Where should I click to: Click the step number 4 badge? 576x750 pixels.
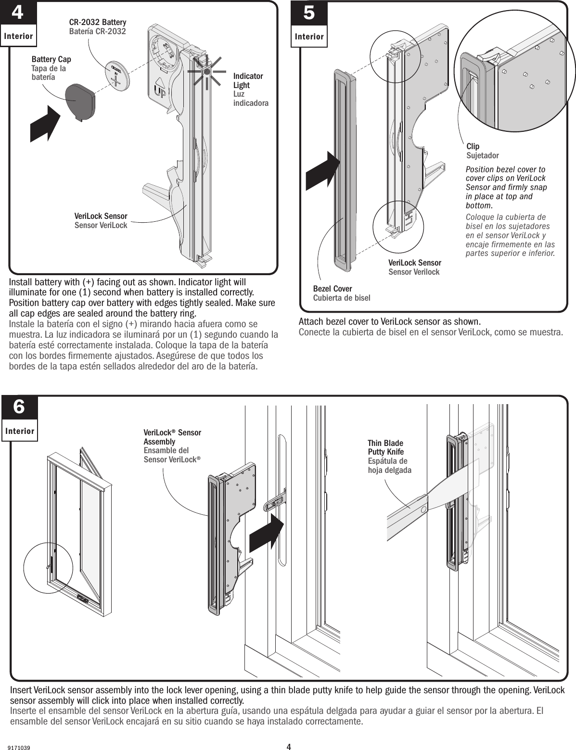pyautogui.click(x=17, y=13)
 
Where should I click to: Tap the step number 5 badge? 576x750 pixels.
pyautogui.click(x=309, y=13)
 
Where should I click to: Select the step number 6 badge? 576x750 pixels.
pyautogui.click(x=19, y=407)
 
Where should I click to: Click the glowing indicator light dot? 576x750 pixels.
pyautogui.click(x=207, y=71)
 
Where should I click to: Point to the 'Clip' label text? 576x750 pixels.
pyautogui.click(x=473, y=146)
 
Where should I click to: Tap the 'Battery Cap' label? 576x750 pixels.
pyautogui.click(x=51, y=59)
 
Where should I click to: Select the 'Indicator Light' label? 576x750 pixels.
pyautogui.click(x=248, y=81)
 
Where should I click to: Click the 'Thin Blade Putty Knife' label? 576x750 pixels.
pyautogui.click(x=385, y=447)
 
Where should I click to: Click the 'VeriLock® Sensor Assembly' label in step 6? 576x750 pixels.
pyautogui.click(x=172, y=437)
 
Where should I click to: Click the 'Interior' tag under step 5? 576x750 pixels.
pyautogui.click(x=309, y=37)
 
